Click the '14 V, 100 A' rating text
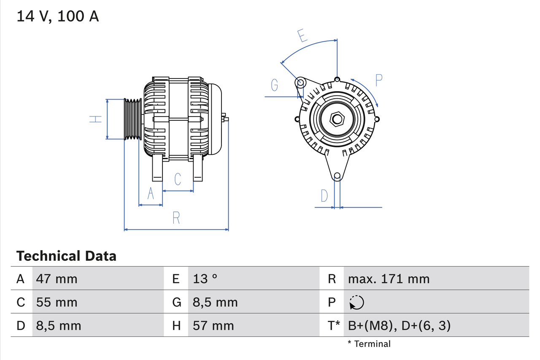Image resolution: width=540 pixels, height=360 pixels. point(58,16)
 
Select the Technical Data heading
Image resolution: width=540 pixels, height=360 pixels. point(66,256)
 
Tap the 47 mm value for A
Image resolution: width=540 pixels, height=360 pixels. point(57,279)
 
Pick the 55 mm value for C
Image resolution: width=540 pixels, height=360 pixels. point(57,302)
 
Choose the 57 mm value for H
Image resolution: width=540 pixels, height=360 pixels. point(213,325)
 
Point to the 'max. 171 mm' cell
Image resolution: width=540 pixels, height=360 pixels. point(389,279)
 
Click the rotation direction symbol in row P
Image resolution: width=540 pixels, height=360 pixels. point(356,302)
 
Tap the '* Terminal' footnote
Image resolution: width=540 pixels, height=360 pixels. point(369,344)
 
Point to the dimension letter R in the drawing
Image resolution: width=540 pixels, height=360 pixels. point(176,218)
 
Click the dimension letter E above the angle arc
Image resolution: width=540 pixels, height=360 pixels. point(301,36)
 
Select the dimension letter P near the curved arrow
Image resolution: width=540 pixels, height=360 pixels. point(378,80)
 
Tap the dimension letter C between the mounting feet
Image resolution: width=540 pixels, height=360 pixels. point(178,179)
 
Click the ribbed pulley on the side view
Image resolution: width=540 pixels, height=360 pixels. point(132,119)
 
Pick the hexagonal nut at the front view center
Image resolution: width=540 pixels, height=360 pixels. point(337,119)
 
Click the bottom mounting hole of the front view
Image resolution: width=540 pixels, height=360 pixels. point(337,176)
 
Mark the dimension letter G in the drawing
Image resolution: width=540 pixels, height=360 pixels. point(275,85)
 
